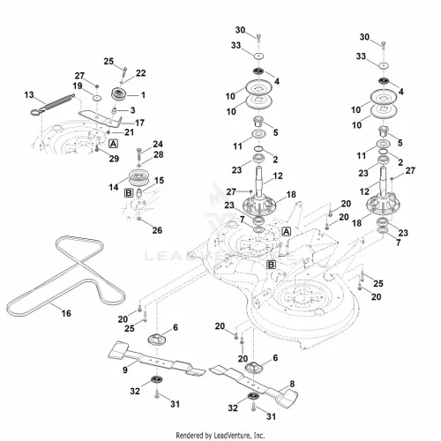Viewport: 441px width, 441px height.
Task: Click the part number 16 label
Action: [66, 313]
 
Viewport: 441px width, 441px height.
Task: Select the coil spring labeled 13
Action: [53, 104]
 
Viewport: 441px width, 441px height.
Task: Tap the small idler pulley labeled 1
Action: [119, 94]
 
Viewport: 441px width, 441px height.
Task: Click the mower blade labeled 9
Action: [157, 359]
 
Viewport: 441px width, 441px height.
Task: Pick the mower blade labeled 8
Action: [253, 384]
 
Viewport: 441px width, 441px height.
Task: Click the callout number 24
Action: [158, 145]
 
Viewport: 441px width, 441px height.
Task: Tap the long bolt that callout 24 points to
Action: [139, 154]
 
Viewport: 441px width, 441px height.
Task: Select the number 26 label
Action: [157, 230]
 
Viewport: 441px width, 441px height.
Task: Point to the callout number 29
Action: [114, 159]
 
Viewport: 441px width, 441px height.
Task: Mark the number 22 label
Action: [141, 73]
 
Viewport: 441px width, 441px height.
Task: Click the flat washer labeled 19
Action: [97, 97]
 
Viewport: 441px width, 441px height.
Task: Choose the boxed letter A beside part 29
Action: [113, 144]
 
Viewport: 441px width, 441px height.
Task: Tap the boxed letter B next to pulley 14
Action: [129, 193]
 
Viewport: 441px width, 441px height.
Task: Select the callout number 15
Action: [159, 181]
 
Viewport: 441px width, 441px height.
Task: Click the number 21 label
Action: [129, 132]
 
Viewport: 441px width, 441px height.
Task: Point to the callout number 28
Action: [159, 154]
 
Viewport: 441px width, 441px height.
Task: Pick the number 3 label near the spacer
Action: [132, 110]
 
